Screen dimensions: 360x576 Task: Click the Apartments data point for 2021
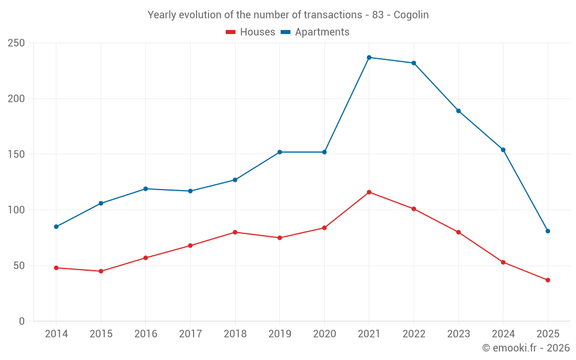point(369,58)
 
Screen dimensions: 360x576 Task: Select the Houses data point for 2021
point(369,192)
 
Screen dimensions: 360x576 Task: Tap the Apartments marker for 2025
point(548,231)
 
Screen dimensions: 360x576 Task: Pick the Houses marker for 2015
point(101,271)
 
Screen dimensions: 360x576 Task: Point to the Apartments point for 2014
point(56,226)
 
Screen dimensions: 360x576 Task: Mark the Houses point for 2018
point(235,232)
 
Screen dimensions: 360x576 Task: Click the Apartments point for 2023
point(458,111)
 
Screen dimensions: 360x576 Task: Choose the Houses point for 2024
point(503,262)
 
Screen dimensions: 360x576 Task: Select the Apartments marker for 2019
point(280,152)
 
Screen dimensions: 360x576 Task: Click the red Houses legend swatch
point(230,32)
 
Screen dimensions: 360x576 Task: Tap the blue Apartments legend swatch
point(285,32)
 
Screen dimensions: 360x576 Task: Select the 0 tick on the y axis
point(22,321)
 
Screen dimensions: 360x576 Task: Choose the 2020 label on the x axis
point(324,334)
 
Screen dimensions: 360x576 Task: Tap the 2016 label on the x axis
point(146,334)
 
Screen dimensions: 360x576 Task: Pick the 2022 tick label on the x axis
point(414,334)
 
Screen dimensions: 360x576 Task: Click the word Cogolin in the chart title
point(411,15)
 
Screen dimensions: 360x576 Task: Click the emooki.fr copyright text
point(525,348)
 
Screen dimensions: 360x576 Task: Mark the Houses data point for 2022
point(414,209)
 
